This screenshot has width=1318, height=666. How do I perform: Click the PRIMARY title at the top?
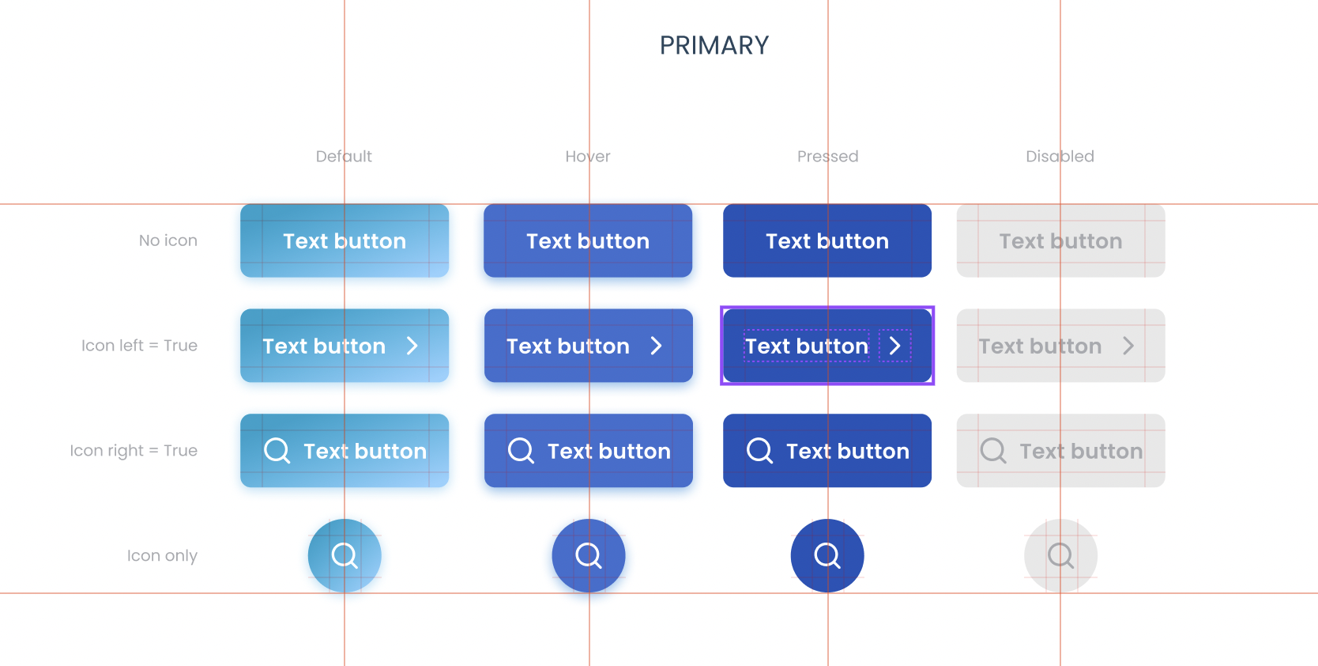(714, 45)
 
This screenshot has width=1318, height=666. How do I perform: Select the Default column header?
(344, 156)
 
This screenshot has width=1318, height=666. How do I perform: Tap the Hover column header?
(588, 156)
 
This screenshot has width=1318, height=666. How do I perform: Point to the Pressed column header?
(827, 156)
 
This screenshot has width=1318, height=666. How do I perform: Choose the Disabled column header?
(1060, 156)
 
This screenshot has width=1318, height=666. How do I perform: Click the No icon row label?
(168, 240)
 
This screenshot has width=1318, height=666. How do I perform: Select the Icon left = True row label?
(139, 345)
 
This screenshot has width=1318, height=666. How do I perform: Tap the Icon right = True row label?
(134, 451)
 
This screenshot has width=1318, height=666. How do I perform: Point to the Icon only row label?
(162, 555)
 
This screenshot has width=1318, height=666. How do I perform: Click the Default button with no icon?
(345, 240)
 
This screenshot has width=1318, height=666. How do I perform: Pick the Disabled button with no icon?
(1061, 240)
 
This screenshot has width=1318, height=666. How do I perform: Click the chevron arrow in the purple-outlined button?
(895, 346)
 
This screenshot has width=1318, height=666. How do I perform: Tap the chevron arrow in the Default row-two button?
(412, 346)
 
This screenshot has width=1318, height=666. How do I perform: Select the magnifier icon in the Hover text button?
(521, 451)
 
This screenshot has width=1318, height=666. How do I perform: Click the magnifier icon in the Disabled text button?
(993, 451)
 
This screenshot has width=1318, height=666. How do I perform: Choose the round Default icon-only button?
(345, 555)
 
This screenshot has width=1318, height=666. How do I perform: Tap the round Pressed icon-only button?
(827, 555)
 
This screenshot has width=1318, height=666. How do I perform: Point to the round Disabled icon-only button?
(1061, 555)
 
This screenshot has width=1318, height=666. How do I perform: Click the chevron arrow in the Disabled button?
(1128, 346)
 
